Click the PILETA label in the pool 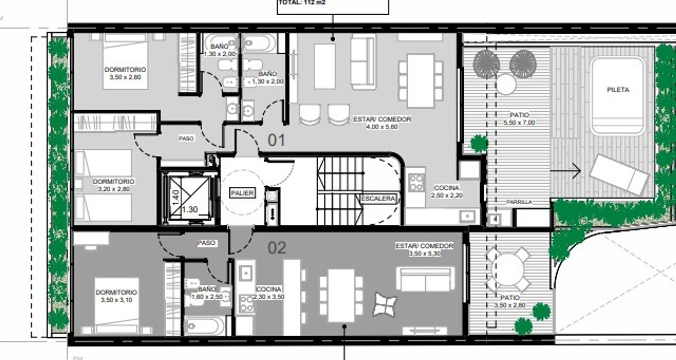[618, 90]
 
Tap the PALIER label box [242, 193]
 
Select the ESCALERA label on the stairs [379, 198]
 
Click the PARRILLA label [519, 202]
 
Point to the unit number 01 [276, 140]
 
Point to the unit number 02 [277, 248]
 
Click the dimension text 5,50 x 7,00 [519, 123]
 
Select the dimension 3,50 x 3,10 [116, 300]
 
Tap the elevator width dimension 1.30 [190, 209]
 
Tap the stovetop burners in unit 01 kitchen [416, 183]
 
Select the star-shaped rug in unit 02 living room [385, 304]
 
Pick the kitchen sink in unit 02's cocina [246, 273]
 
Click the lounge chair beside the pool [619, 175]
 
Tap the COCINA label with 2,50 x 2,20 [447, 191]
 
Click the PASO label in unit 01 [186, 138]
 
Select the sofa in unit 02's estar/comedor [425, 279]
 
